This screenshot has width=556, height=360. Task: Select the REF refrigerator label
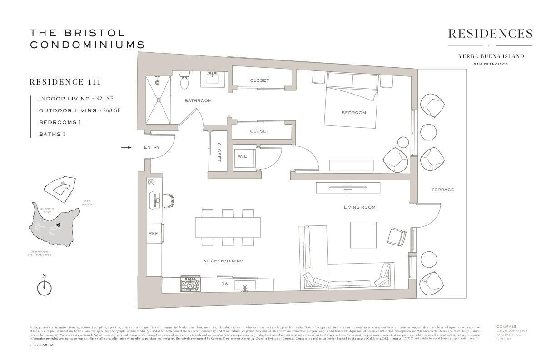(153, 233)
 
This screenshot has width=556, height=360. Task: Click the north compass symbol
(44, 286)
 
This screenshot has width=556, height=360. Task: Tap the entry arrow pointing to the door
(126, 147)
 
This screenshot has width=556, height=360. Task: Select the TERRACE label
(442, 190)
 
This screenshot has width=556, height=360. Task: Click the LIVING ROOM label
(359, 207)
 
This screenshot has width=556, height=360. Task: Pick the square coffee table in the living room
(363, 235)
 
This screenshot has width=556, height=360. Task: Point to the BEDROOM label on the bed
(353, 113)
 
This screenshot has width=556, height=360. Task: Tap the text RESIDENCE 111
(65, 82)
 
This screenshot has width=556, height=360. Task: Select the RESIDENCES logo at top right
(490, 34)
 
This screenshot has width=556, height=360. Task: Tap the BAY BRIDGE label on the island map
(88, 203)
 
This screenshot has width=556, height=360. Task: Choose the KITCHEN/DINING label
(223, 261)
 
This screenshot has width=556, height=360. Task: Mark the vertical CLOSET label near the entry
(218, 152)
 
